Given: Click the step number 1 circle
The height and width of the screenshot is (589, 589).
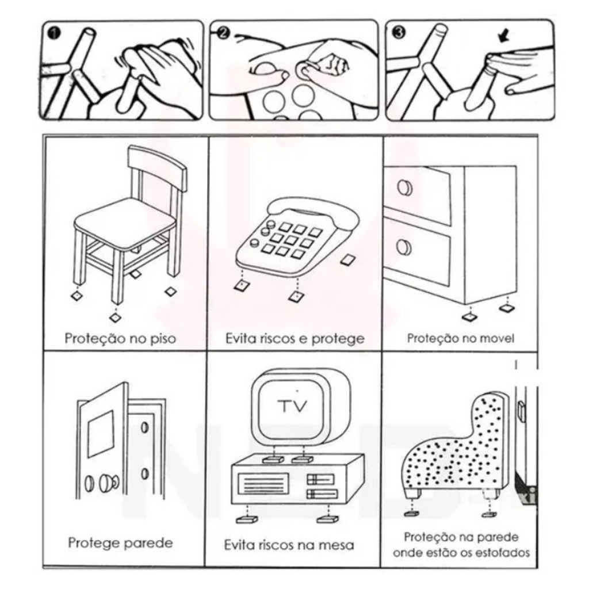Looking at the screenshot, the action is coord(55,33).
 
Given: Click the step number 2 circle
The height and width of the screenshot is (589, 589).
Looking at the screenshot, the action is coord(223,33).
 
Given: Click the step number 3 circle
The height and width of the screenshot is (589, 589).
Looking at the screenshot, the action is coord(399,33).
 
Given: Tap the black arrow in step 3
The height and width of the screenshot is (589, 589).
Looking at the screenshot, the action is coord(504,36).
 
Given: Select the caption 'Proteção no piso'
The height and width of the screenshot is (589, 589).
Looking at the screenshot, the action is coord(120,338).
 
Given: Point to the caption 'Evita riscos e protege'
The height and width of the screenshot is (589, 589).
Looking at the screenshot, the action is coord(295,338).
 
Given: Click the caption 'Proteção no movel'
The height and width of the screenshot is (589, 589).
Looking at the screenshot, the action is coord(461,338).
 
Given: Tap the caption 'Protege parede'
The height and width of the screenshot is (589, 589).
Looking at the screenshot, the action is coord(121,543).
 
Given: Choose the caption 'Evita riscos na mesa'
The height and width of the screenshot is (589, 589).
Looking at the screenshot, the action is coord(289,545).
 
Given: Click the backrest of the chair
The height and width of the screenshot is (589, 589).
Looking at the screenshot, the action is coord(157,165).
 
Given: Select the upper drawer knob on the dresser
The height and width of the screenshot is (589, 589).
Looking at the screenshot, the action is coord(404,188).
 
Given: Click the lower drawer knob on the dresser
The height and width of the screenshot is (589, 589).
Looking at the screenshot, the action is coord(404,247).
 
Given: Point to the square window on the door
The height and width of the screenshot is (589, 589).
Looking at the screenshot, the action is coord(101,434).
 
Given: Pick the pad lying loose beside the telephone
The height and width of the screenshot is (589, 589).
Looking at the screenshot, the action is coord(349,259).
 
